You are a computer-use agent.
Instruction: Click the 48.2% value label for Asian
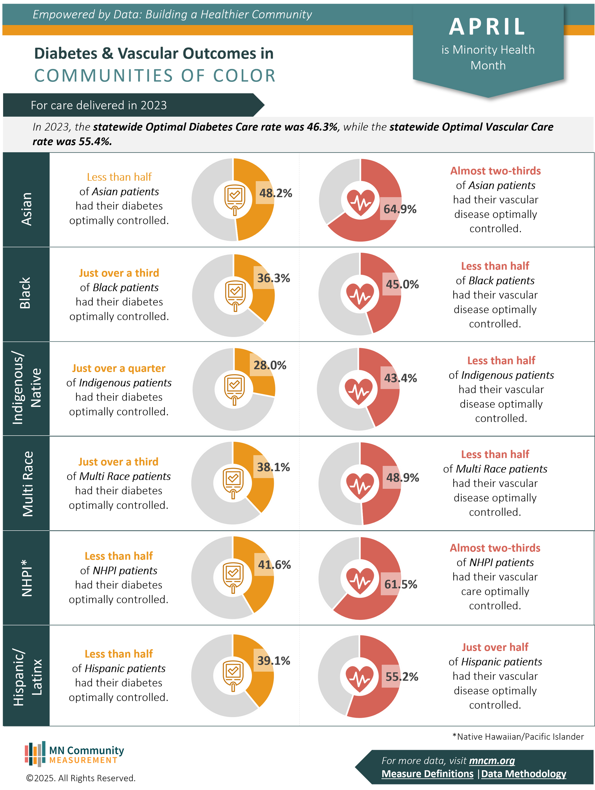(275, 193)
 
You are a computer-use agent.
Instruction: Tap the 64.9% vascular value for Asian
(400, 209)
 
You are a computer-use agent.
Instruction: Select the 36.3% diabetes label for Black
(274, 278)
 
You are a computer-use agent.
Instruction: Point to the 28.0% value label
(270, 365)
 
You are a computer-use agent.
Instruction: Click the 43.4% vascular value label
(400, 378)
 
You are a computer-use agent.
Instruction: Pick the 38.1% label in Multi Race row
(273, 467)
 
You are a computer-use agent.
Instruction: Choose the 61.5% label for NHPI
(400, 584)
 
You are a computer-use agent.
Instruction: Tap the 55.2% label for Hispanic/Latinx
(402, 677)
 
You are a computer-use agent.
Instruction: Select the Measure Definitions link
(427, 774)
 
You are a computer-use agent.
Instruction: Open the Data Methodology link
(524, 774)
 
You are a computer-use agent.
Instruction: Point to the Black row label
(25, 293)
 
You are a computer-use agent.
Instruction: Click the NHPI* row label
(27, 578)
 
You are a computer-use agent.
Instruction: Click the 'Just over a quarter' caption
(119, 368)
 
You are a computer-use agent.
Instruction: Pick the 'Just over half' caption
(495, 647)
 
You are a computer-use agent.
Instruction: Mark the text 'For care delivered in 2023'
(99, 105)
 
